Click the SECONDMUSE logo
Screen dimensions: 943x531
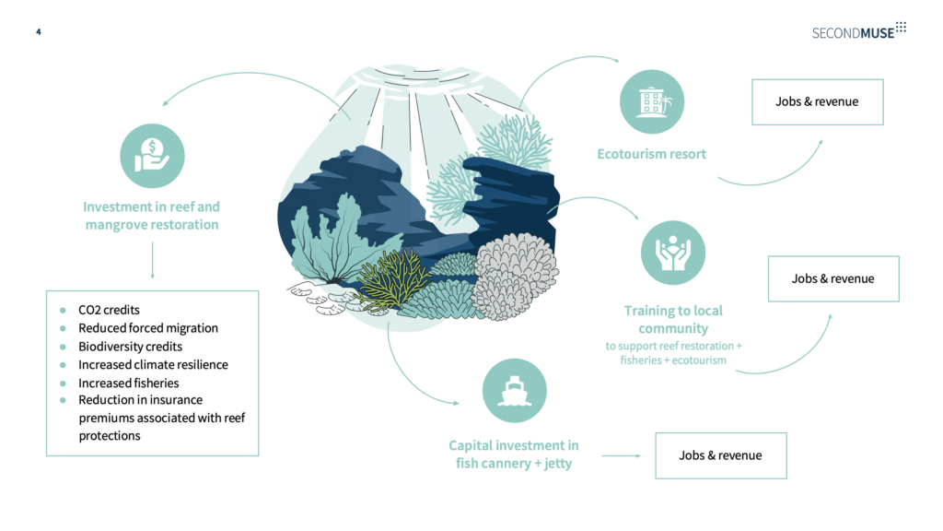(859, 31)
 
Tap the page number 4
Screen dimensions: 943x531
(39, 32)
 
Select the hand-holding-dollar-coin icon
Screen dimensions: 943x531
(152, 156)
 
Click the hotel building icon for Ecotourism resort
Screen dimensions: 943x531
(652, 101)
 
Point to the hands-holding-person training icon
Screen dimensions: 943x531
(673, 253)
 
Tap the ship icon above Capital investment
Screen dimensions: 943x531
(514, 391)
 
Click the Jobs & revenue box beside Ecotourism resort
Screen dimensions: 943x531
(818, 101)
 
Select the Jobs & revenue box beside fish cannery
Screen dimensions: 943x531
(720, 455)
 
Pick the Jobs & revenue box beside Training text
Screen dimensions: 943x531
(833, 278)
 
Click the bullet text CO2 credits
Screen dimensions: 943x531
(109, 310)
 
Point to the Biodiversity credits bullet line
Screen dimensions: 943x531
(130, 347)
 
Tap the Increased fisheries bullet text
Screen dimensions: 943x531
(129, 383)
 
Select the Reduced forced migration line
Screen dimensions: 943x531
(148, 328)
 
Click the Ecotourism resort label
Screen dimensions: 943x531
(651, 154)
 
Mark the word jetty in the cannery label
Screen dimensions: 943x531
(558, 464)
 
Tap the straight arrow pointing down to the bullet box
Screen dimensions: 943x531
(152, 260)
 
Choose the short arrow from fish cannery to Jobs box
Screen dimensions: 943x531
(622, 455)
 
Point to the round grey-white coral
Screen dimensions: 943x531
(515, 277)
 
